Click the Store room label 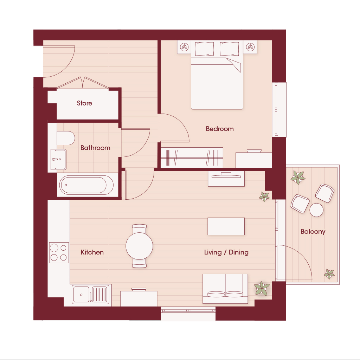point(84,103)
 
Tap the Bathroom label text point(95,148)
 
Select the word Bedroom point(220,129)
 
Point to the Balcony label point(313,231)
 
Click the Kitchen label point(92,252)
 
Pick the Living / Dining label point(226,252)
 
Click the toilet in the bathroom point(66,138)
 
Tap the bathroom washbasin point(59,159)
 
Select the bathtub point(86,185)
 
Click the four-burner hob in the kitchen point(59,252)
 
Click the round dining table point(139,246)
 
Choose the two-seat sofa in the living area point(225,289)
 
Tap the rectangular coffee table point(226,226)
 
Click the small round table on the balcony point(316,210)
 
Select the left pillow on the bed point(204,49)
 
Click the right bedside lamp point(250,47)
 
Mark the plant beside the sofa point(262,288)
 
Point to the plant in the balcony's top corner point(298,177)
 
